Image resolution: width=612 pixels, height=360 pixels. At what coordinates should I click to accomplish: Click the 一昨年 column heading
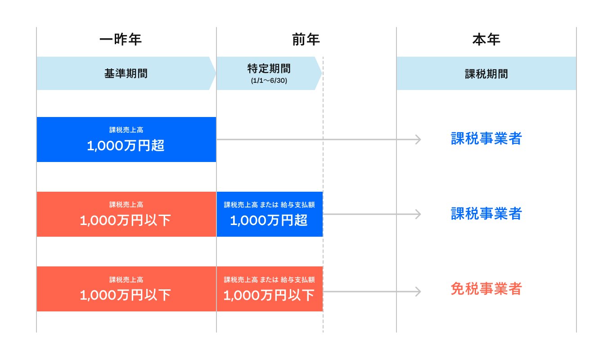point(120,40)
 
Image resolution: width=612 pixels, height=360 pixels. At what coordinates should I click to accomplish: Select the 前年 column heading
point(306,40)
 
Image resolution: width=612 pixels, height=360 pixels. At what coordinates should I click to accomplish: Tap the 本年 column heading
point(486,40)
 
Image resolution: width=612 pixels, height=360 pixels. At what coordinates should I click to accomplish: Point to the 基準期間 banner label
point(126,74)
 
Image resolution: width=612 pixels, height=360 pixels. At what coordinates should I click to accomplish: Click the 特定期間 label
point(269,69)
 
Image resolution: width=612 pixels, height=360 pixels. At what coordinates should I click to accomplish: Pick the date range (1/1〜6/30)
point(269,81)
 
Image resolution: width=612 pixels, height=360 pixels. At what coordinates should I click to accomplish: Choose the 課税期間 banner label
point(486,74)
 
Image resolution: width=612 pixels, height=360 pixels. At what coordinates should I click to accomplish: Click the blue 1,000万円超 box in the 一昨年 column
point(126,139)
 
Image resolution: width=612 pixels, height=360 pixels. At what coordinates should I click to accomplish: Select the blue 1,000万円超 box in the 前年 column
point(269,214)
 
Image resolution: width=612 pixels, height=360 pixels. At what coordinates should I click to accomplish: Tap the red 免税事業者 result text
point(486,289)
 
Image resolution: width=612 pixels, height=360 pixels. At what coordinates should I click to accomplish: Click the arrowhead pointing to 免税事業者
point(418,292)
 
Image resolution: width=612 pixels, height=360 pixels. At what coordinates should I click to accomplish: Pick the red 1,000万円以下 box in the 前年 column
point(269,289)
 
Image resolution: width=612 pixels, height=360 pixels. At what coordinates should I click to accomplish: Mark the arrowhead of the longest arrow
point(418,139)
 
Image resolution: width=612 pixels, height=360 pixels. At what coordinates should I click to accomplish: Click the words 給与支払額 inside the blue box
point(297,205)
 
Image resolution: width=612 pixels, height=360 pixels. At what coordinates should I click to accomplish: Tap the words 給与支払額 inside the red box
point(297,279)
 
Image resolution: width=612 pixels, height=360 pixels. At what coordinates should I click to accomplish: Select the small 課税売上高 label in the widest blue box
point(126,130)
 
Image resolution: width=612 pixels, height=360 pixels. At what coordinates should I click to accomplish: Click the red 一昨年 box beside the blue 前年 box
point(126,214)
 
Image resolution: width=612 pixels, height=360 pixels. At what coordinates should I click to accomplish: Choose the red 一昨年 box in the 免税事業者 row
point(126,289)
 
